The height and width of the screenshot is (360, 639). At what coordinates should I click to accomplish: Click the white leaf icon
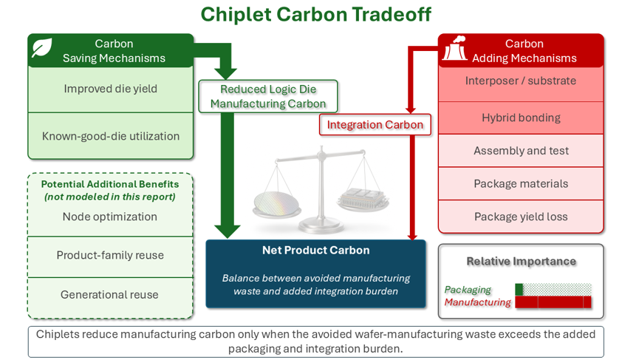click(42, 48)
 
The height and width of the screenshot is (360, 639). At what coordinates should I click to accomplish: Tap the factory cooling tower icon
click(455, 48)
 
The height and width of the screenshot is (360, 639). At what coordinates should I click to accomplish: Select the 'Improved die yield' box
click(110, 89)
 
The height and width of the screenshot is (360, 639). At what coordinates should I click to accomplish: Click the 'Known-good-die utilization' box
click(110, 136)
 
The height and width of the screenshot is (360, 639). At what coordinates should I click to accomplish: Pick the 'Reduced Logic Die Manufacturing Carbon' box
click(268, 96)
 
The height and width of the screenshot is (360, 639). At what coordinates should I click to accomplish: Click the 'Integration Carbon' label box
click(375, 125)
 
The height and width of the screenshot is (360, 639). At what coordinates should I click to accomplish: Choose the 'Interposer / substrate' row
click(521, 84)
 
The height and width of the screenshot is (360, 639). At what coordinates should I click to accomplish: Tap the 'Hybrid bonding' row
click(521, 118)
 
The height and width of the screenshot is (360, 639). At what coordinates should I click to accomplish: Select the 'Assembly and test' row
click(521, 151)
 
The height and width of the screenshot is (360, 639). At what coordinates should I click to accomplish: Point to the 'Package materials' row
click(521, 184)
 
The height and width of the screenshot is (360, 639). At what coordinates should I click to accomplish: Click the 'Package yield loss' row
click(521, 217)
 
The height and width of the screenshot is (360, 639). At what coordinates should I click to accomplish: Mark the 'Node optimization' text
click(110, 217)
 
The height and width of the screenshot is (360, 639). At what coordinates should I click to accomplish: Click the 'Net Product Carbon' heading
click(316, 251)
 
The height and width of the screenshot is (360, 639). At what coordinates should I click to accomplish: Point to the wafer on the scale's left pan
click(276, 203)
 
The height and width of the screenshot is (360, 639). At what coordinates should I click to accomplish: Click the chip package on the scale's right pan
click(362, 197)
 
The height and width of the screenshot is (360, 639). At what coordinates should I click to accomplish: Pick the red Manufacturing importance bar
click(553, 302)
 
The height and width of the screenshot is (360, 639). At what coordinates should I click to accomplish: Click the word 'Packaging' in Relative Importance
click(468, 290)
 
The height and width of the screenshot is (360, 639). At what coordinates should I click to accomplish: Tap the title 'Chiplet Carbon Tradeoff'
click(316, 14)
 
